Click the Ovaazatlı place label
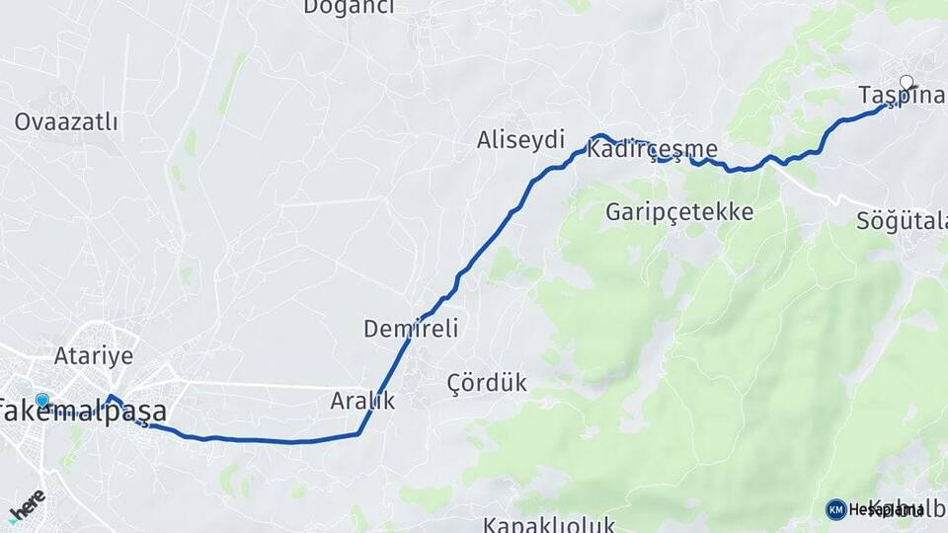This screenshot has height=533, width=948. click(x=66, y=122)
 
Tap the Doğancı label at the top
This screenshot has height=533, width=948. click(x=349, y=8)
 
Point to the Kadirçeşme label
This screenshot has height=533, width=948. click(x=652, y=150)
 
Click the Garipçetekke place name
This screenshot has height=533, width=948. click(x=679, y=212)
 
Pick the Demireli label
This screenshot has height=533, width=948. click(x=411, y=329)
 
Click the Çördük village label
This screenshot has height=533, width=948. click(x=487, y=383)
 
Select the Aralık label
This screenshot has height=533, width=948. click(x=362, y=401)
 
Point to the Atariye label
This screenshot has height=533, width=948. click(x=94, y=356)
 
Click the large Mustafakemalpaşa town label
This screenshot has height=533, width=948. click(x=83, y=412)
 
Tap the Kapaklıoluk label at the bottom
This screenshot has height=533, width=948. click(x=549, y=523)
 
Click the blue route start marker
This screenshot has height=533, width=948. click(x=42, y=401)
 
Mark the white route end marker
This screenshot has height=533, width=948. click(x=907, y=83)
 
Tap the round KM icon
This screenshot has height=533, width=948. click(x=835, y=509)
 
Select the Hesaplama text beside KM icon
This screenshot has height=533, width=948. click(x=880, y=509)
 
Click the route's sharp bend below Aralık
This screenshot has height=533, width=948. click(x=358, y=433)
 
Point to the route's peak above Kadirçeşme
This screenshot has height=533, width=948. click(x=600, y=135)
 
